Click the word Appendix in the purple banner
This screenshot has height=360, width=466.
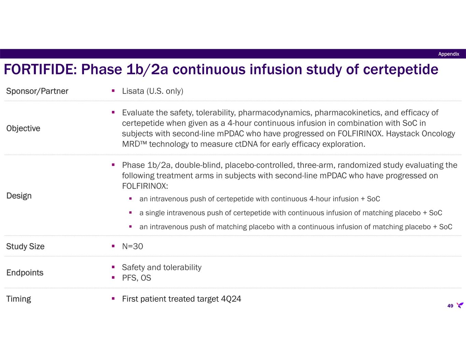tap(449, 54)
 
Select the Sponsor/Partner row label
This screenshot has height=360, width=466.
tap(37, 91)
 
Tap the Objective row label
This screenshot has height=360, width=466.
tap(23, 129)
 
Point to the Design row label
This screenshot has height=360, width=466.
tap(19, 196)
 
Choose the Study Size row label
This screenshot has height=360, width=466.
tap(25, 246)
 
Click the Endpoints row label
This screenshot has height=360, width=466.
tap(25, 273)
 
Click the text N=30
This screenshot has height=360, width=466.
tap(132, 246)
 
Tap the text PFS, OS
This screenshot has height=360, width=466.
tap(137, 278)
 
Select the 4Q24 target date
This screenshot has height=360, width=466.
tap(231, 299)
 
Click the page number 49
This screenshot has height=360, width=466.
tap(450, 306)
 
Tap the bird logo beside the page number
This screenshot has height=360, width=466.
tap(460, 305)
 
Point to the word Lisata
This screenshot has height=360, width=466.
tap(133, 91)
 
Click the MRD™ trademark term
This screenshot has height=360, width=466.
tap(134, 144)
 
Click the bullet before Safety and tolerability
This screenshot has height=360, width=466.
tap(113, 267)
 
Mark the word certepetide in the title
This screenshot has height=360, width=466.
tap(400, 70)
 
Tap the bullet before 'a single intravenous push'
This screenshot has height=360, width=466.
tap(130, 213)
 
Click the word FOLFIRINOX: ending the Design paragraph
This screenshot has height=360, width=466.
tap(145, 186)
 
